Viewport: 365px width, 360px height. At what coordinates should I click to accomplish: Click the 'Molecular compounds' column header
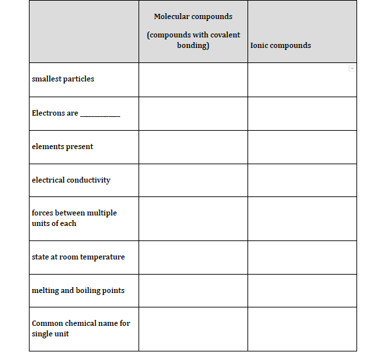click(193, 16)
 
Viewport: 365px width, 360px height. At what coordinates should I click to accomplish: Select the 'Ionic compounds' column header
click(280, 45)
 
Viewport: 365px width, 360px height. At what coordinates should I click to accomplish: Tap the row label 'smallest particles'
click(63, 79)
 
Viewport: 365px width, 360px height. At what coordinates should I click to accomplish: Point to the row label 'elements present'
click(62, 146)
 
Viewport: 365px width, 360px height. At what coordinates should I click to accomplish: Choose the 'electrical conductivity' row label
click(71, 180)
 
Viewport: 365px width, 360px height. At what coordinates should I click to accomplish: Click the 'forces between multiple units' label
click(74, 218)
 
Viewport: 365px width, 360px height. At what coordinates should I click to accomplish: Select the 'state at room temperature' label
click(78, 257)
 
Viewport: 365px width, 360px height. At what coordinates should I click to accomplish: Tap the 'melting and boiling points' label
click(78, 290)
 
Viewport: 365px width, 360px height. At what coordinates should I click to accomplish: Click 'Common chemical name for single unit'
click(81, 328)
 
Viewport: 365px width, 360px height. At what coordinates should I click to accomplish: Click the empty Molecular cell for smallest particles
click(193, 79)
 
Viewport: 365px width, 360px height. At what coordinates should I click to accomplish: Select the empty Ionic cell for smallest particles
click(302, 79)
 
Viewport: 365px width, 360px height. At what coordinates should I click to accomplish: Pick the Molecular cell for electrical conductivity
click(193, 180)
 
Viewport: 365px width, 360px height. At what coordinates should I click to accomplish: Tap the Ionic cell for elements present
click(302, 146)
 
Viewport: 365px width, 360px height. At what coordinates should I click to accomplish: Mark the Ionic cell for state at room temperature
click(302, 257)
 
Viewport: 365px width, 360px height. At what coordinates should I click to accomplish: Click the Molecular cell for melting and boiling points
click(193, 290)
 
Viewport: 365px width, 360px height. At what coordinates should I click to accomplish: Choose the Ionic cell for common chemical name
click(302, 328)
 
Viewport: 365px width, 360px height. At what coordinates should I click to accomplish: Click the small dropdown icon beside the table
click(352, 68)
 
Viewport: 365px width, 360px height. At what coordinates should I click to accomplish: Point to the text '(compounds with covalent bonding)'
click(193, 40)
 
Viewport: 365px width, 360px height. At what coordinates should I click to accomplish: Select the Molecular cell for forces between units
click(193, 218)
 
